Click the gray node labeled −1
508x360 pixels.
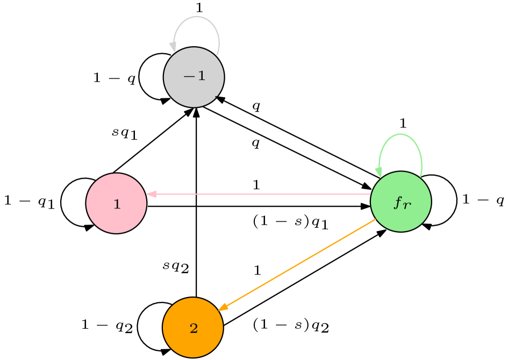(x=194, y=77)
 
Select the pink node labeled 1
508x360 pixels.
(x=116, y=203)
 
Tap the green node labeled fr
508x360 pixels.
(x=400, y=202)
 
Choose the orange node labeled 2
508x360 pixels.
(x=192, y=327)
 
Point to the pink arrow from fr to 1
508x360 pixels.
(x=258, y=194)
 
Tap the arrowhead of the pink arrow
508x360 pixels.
(x=151, y=194)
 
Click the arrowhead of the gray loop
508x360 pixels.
(x=173, y=47)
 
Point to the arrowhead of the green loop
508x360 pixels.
(x=379, y=172)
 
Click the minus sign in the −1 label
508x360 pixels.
(x=189, y=76)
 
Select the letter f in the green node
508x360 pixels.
(x=398, y=203)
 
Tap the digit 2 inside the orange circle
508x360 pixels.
(x=194, y=328)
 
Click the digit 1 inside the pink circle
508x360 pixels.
(x=117, y=204)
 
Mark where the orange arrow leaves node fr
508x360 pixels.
(x=375, y=220)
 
